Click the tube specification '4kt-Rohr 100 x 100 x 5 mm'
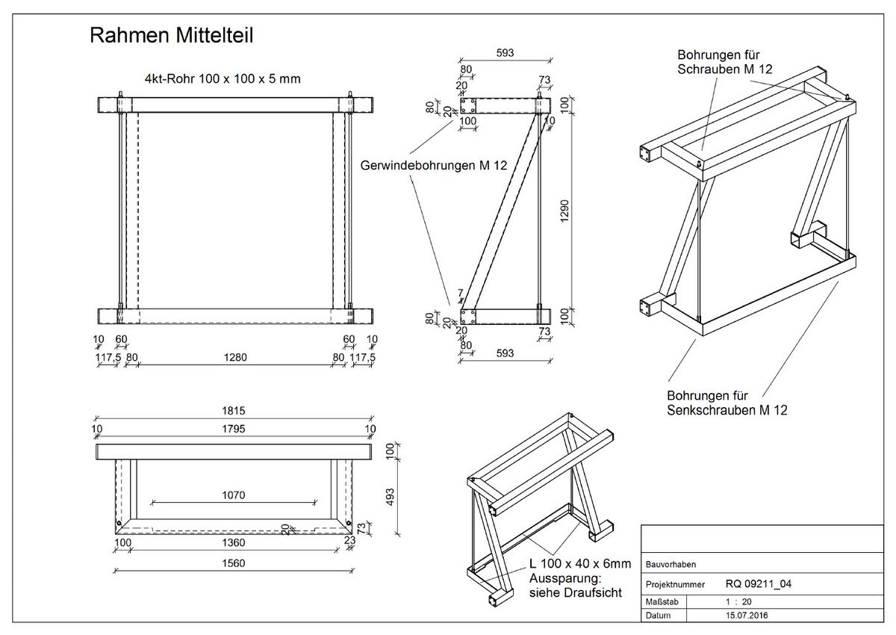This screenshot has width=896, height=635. point(223,79)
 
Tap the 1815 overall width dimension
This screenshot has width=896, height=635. point(234,411)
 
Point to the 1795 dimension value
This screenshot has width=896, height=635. point(234,428)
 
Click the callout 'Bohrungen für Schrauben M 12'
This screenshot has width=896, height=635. point(724,62)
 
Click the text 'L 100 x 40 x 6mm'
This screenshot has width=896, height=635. point(579,564)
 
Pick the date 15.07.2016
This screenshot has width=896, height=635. point(747,616)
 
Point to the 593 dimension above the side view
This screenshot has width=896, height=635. point(505,52)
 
